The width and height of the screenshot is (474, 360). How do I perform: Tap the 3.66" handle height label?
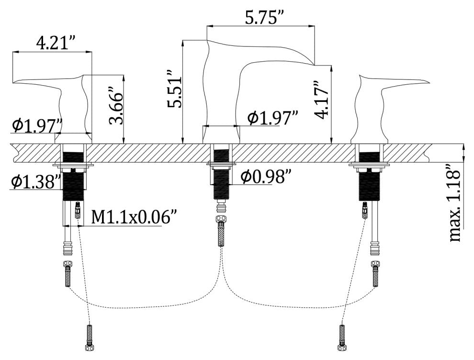tap(116, 106)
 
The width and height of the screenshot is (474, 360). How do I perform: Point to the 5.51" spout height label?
tap(175, 89)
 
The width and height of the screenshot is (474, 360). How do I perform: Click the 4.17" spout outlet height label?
tap(321, 100)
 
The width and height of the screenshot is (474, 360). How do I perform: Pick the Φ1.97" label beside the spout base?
tap(273, 118)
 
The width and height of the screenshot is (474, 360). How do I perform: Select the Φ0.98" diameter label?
tap(266, 177)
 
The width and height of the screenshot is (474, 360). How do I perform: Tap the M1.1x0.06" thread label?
tap(133, 217)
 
